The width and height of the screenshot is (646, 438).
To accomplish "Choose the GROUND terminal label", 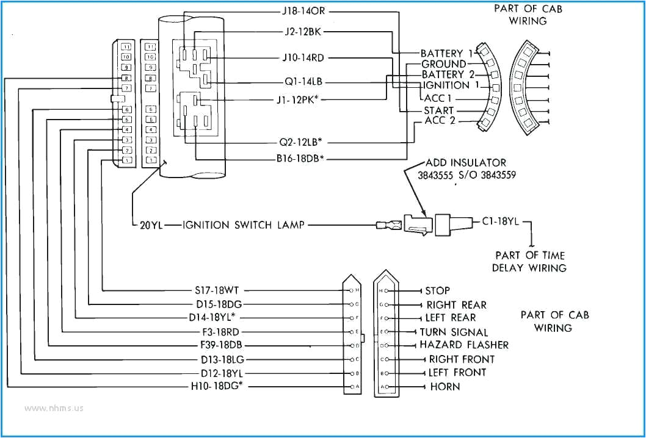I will click(443, 64).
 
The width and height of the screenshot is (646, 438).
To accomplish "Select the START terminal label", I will click(438, 110).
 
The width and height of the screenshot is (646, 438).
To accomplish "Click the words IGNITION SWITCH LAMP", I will click(244, 225).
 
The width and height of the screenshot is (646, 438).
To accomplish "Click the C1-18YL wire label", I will click(500, 222).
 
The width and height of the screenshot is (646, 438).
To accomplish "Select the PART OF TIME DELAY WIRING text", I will click(529, 261).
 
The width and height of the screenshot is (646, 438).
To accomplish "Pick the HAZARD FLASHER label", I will click(463, 345).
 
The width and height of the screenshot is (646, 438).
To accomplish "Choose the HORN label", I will click(445, 387).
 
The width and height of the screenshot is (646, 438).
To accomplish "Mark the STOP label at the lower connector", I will click(437, 290).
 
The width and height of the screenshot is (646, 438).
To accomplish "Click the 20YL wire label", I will click(148, 225).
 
